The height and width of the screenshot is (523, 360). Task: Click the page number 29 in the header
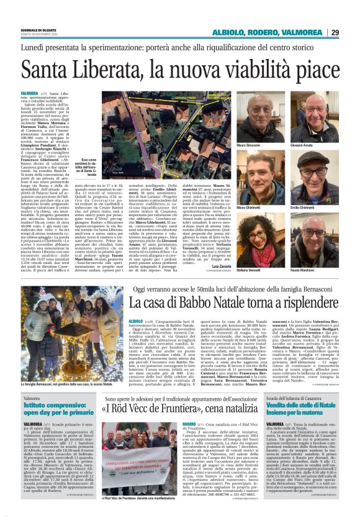[x=351, y=32]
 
